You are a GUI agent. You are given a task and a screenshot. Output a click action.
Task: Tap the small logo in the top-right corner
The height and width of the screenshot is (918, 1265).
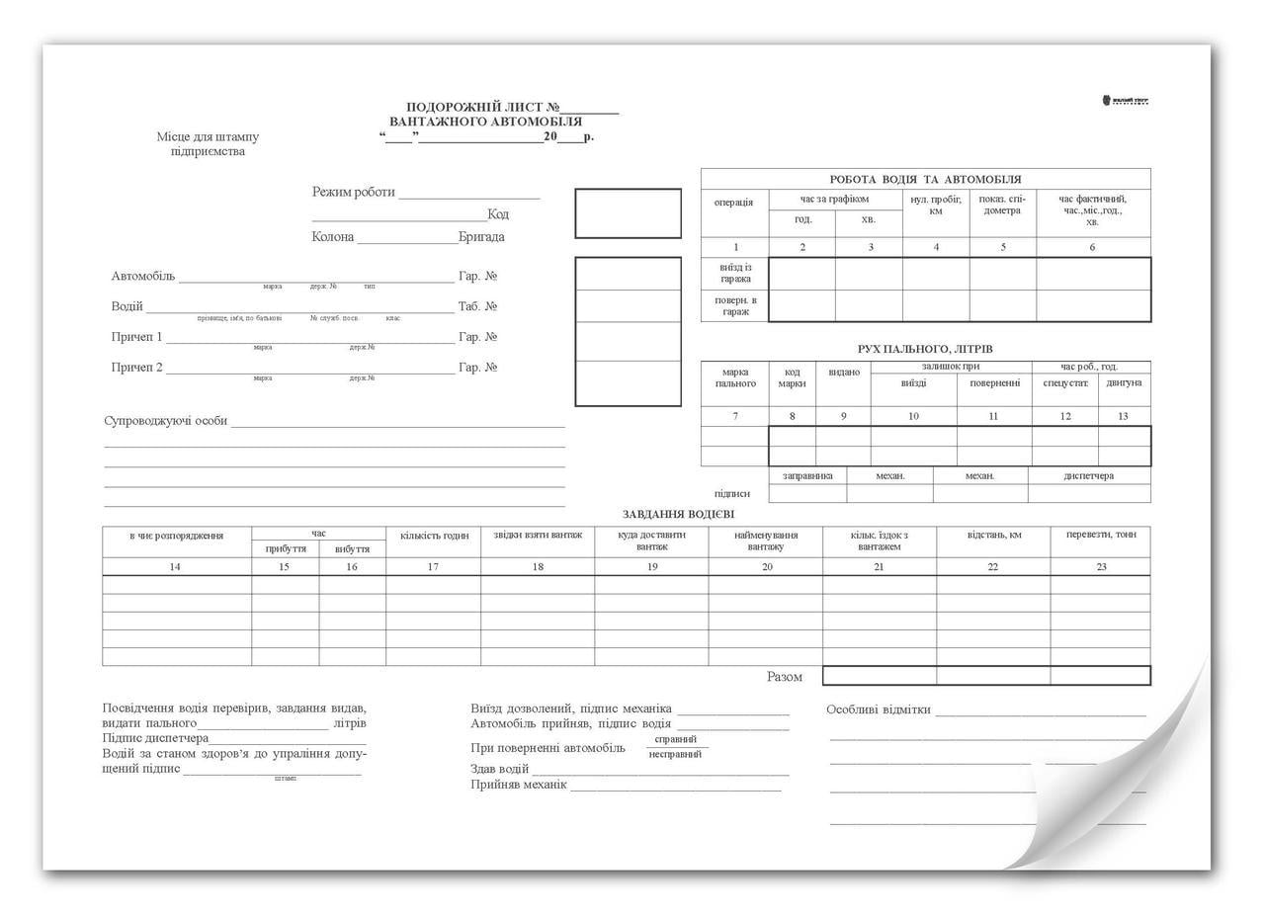coord(1125,101)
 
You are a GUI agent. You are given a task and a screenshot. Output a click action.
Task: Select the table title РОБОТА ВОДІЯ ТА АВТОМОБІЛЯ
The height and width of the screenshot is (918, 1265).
coord(925,179)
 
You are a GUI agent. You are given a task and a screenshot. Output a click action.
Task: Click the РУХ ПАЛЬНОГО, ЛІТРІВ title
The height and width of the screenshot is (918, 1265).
coord(925,349)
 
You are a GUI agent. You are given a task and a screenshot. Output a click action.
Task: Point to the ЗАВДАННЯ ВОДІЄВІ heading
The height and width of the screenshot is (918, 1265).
coord(678,514)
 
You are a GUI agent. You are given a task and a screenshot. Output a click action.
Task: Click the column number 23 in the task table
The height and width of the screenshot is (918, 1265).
coord(1100,566)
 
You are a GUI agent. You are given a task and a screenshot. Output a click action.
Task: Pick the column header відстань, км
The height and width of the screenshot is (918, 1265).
coord(993,535)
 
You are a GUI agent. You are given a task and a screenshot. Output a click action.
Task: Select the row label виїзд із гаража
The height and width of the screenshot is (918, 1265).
coord(734,273)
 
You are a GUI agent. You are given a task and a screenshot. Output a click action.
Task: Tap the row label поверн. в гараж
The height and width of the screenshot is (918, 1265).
coord(734,305)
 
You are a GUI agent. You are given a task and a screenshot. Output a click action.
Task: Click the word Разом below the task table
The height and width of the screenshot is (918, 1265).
coord(785,677)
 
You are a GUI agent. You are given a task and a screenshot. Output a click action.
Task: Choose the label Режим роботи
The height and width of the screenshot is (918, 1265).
coord(354,192)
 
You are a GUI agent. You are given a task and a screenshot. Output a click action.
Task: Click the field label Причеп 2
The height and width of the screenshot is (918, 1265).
coord(136,368)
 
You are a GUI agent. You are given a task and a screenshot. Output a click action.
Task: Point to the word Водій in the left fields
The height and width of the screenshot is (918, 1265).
coord(127,306)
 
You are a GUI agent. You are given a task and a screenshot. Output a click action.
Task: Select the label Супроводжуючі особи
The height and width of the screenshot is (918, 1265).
coord(166,421)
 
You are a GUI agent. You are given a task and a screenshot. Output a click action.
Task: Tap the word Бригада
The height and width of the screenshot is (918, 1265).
coord(481,237)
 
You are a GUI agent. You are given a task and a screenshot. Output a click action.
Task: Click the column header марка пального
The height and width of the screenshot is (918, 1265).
coord(734,378)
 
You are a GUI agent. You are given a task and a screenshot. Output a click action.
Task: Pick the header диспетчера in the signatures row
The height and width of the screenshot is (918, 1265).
coord(1088,475)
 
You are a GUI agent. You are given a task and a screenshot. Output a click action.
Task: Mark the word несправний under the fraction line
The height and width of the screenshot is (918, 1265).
coord(675,754)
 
